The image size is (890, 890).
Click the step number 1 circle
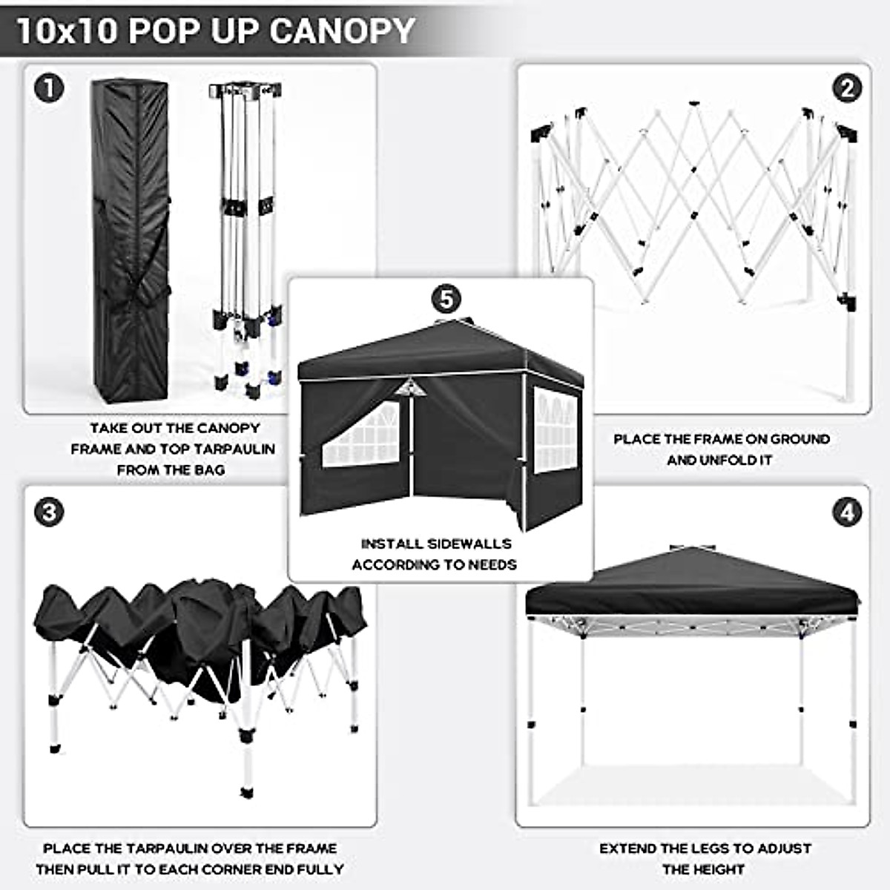click(x=49, y=89)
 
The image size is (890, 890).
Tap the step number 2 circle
click(x=847, y=89)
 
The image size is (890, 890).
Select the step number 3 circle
click(x=49, y=512)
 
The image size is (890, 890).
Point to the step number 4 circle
click(x=847, y=512)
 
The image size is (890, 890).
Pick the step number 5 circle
click(x=446, y=299)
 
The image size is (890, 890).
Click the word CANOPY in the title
click(x=342, y=31)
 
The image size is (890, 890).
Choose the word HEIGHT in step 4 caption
click(x=716, y=869)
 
